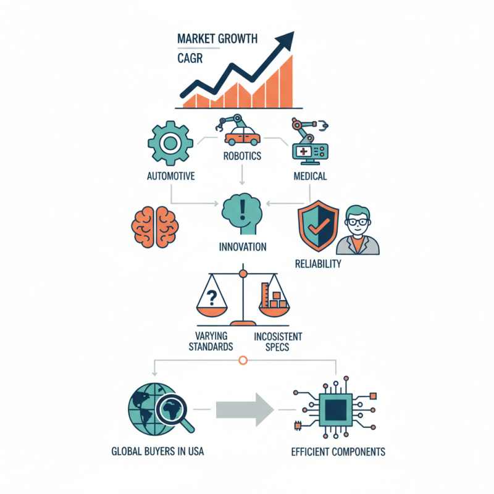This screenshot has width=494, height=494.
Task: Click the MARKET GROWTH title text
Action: tap(217, 39)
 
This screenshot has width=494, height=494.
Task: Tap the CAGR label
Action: tap(190, 58)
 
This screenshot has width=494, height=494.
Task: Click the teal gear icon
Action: tap(170, 143)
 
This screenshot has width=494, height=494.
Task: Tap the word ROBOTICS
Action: tap(242, 156)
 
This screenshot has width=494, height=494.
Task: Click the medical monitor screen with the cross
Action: tap(304, 151)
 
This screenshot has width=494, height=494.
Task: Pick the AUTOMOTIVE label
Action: tap(171, 176)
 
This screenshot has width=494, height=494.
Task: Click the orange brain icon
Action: tap(155, 227)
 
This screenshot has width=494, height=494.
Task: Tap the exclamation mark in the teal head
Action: tap(242, 209)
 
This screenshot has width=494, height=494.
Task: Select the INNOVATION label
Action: tap(243, 246)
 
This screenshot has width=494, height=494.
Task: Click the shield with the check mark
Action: tap(319, 226)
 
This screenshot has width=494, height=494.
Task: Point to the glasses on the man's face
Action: tap(358, 222)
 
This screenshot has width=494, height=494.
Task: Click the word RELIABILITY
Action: tap(318, 264)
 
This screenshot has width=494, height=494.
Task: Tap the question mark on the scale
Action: tap(212, 298)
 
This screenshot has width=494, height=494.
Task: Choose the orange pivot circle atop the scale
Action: tap(243, 274)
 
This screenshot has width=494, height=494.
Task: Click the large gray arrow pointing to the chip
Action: tap(245, 409)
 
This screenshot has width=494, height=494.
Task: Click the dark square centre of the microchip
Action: tap(336, 410)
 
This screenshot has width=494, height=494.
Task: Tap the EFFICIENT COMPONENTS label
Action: tap(338, 452)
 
